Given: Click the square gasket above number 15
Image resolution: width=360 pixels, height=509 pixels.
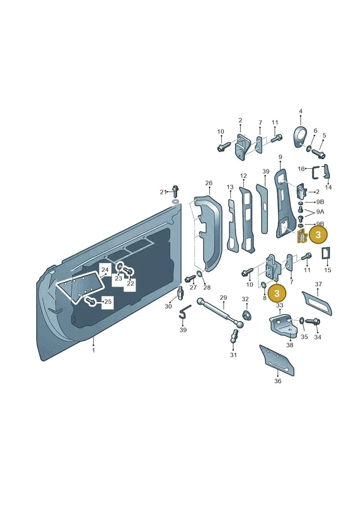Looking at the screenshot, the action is [326, 254].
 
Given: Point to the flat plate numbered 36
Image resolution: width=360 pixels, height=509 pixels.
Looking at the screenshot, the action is [277, 360].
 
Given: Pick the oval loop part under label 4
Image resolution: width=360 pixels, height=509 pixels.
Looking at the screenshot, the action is [300, 137].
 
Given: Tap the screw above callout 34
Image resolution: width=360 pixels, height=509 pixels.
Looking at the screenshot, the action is [313, 322].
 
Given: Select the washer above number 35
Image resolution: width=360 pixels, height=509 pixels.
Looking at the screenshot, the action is [301, 321].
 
